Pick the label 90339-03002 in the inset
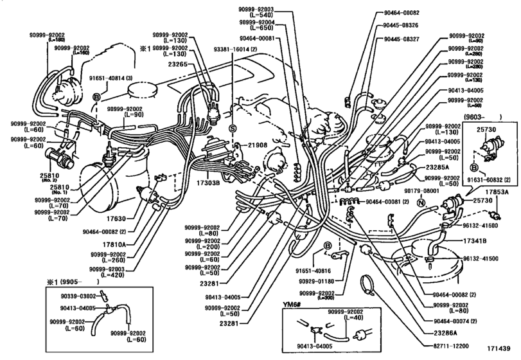pos(78,296)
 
